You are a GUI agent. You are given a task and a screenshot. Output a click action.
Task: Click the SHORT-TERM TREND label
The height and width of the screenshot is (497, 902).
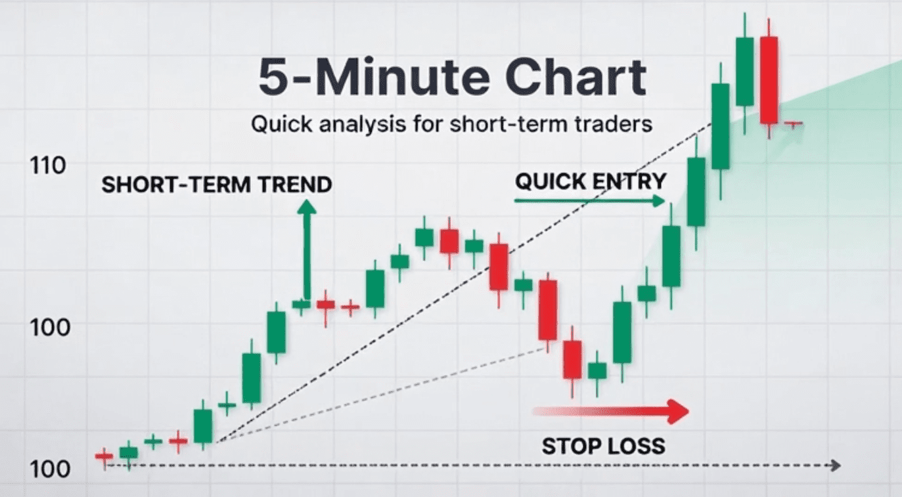pyautogui.click(x=216, y=185)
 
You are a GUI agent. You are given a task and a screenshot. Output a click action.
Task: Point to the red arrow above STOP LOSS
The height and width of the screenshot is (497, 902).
pyautogui.click(x=611, y=411)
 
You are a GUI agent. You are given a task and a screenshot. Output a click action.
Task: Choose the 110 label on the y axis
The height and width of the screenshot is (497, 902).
pyautogui.click(x=48, y=165)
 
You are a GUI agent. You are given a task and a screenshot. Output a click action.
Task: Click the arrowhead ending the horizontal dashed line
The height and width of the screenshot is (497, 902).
pyautogui.click(x=836, y=465)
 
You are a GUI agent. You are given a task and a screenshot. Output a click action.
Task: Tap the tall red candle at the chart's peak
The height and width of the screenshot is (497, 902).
pyautogui.click(x=769, y=79)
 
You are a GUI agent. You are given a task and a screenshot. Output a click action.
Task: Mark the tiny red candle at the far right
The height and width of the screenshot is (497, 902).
pyautogui.click(x=794, y=123)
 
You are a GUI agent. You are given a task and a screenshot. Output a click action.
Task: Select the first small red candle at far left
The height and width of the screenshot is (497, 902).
pyautogui.click(x=104, y=456)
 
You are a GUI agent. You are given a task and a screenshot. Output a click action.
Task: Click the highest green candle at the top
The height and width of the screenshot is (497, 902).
pyautogui.click(x=744, y=71)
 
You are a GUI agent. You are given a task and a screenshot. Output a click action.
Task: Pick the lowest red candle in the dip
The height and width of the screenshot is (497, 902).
pyautogui.click(x=572, y=359)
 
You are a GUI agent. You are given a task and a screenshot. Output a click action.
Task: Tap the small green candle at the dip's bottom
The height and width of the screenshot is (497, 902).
pyautogui.click(x=597, y=370)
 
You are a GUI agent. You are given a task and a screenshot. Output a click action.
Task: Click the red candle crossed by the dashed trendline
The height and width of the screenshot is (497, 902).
pyautogui.click(x=499, y=267)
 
